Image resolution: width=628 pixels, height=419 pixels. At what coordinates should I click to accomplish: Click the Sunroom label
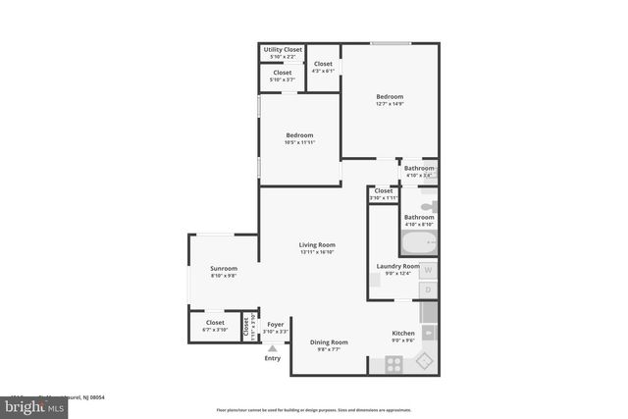[224, 268]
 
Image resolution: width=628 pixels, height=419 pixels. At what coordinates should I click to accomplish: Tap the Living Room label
[317, 244]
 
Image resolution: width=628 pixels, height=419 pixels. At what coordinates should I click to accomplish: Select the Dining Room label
[325, 341]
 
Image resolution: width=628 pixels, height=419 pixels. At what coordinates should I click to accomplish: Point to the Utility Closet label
[283, 49]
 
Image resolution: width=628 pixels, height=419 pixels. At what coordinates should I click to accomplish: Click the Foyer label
[276, 324]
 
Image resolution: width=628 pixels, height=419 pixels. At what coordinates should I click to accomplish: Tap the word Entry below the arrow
[273, 358]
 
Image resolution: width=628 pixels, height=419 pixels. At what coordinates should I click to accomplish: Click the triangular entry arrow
[273, 347]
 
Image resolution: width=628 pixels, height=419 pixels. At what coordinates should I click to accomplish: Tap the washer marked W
[429, 270]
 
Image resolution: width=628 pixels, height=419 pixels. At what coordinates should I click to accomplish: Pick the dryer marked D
[429, 289]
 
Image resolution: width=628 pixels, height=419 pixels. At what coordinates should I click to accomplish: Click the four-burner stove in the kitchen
[393, 364]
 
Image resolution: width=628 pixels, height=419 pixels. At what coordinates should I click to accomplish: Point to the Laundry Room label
[398, 266]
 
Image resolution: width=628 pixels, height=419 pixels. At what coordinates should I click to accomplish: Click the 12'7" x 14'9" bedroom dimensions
[390, 105]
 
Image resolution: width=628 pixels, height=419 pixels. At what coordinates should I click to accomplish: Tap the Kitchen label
[403, 334]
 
